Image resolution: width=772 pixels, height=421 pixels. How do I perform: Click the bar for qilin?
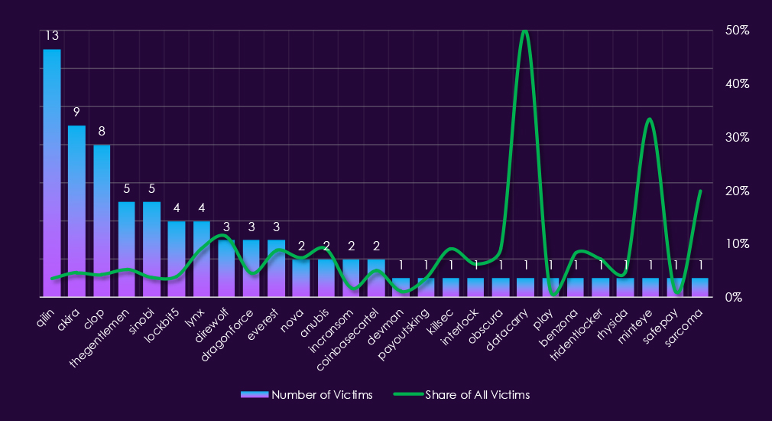[x=52, y=172]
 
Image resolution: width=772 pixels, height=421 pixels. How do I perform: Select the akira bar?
[x=76, y=210]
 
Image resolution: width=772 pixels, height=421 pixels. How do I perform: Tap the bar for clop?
[x=102, y=220]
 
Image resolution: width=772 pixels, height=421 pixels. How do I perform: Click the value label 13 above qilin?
[x=52, y=37]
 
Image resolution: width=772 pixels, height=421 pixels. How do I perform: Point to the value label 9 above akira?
[x=76, y=113]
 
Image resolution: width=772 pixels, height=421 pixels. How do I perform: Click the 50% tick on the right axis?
[x=737, y=30]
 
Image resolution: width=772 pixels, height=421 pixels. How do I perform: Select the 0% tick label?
[x=734, y=297]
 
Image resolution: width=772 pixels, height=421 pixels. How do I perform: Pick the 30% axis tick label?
[x=737, y=137]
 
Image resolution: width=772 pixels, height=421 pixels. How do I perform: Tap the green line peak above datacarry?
[x=524, y=31]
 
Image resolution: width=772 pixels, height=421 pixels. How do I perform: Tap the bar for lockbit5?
[x=177, y=259]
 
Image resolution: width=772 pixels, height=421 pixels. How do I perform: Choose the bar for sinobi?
[x=151, y=249]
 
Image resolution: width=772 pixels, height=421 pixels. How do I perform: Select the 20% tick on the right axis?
[x=737, y=191]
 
